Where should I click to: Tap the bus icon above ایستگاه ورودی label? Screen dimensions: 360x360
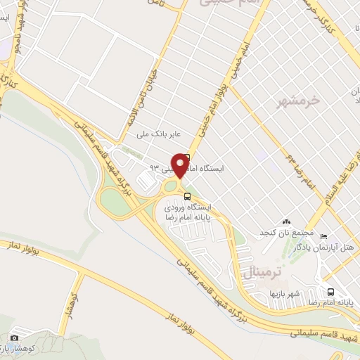pyautogui.click(x=186, y=196)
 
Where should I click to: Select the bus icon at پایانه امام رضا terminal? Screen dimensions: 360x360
pyautogui.click(x=330, y=292)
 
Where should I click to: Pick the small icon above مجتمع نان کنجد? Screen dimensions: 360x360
pyautogui.click(x=286, y=222)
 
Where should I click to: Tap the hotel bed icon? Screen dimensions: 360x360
pyautogui.click(x=323, y=236)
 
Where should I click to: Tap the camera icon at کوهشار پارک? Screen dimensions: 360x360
pyautogui.click(x=15, y=338)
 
